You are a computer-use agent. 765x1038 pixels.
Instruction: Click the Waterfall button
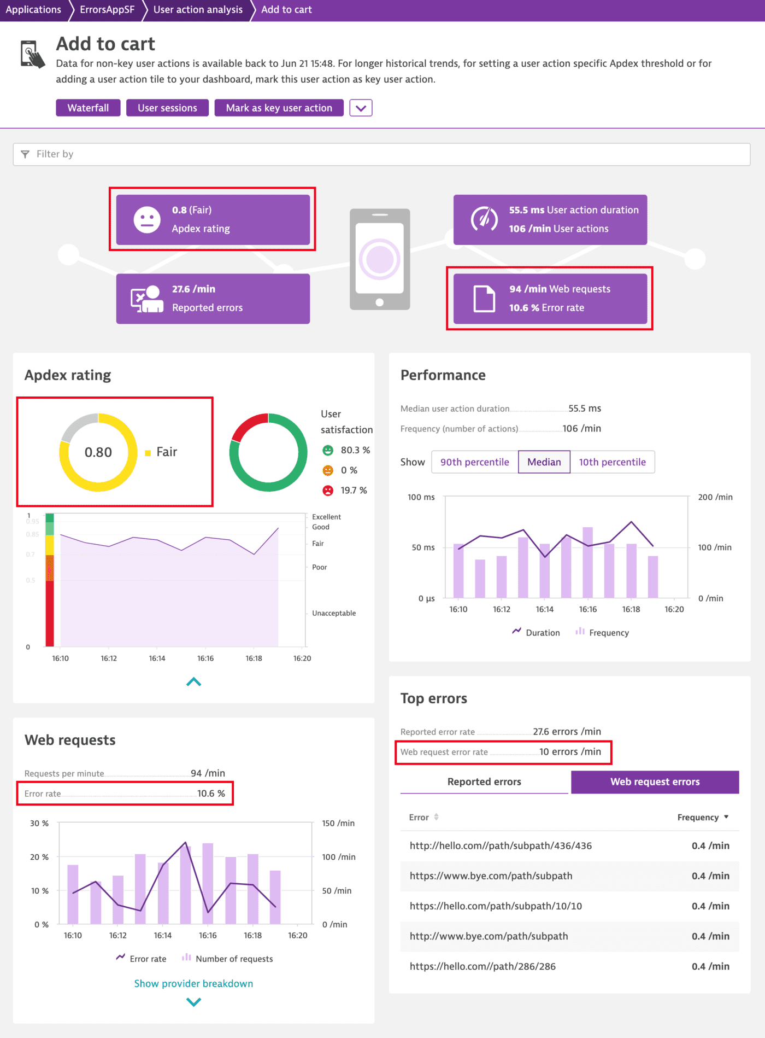tap(88, 108)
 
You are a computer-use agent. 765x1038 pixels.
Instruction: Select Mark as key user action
tap(279, 108)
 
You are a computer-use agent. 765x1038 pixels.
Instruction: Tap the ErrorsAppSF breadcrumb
tap(107, 10)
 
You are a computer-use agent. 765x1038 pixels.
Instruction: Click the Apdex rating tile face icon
tap(147, 219)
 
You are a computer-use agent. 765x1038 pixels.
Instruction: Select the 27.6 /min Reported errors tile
tap(213, 299)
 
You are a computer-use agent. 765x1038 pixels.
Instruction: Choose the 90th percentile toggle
tap(474, 462)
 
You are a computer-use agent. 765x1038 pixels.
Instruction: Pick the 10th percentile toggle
tap(612, 462)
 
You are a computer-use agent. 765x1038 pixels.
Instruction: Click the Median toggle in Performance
tap(544, 462)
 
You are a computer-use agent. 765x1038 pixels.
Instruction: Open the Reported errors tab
tap(484, 782)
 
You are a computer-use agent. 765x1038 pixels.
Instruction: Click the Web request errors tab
tap(655, 782)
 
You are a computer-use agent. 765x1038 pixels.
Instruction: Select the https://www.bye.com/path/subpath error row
tap(491, 876)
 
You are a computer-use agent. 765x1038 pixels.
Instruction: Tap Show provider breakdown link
tap(193, 984)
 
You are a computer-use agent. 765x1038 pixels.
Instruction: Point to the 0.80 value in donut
tap(98, 452)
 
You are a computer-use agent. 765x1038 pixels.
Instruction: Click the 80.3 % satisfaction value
tap(355, 450)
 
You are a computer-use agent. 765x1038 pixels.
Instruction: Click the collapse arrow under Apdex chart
tap(193, 682)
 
